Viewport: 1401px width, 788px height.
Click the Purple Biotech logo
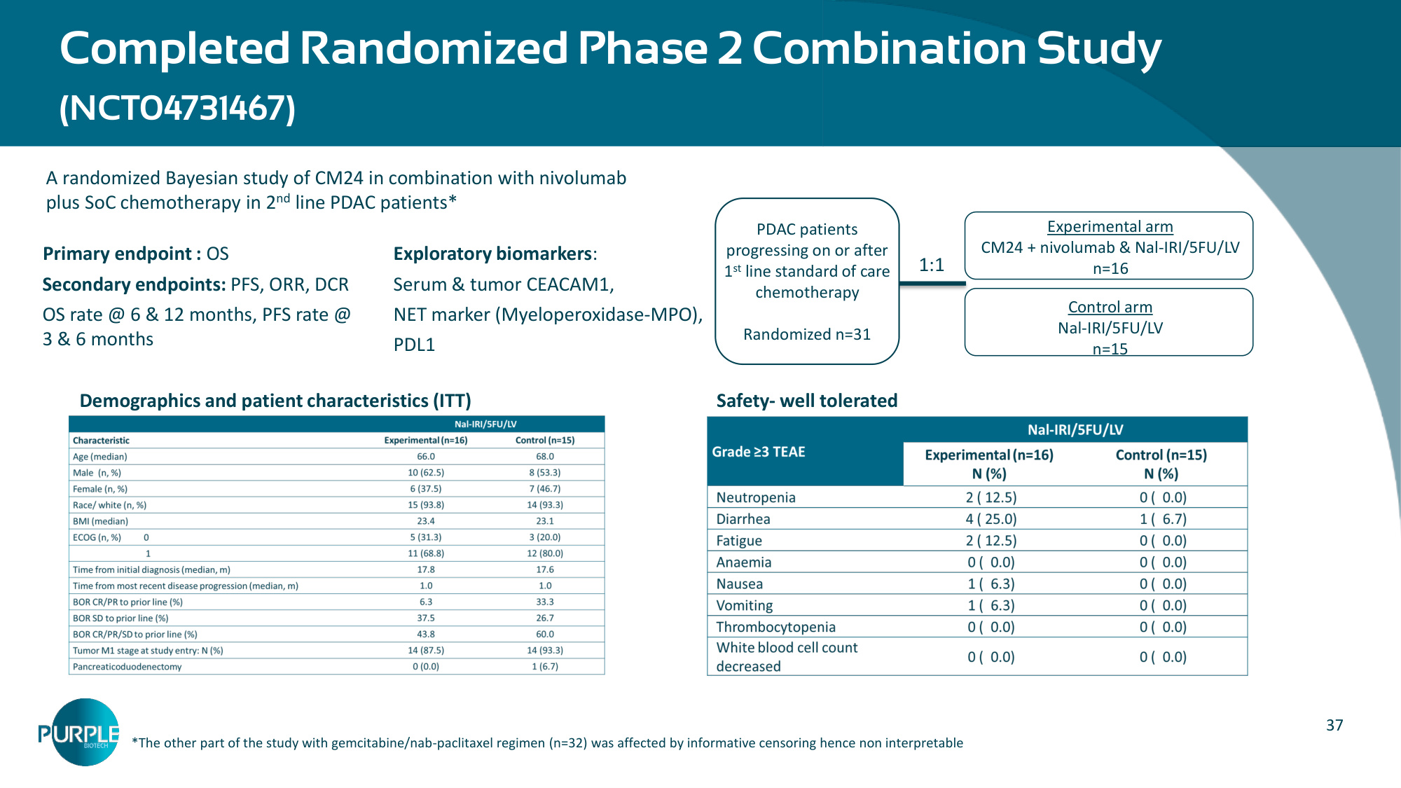79,732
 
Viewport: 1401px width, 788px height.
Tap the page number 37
1334,725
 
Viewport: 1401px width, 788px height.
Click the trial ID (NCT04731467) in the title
178,109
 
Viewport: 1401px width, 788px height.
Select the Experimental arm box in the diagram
1109,246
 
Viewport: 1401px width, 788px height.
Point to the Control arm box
1109,322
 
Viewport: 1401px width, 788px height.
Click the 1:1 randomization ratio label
932,265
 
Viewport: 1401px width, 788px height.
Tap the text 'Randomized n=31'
807,334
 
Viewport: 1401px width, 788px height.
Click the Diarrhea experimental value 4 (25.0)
991,519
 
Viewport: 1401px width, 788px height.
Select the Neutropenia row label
756,497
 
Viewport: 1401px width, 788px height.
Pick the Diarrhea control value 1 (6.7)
1163,519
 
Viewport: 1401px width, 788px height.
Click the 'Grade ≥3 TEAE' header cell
759,452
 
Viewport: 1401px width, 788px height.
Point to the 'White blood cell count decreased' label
787,657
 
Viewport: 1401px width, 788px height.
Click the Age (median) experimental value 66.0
426,457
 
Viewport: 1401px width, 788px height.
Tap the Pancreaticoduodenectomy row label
127,667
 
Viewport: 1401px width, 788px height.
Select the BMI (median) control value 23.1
545,521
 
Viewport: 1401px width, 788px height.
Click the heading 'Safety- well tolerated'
807,401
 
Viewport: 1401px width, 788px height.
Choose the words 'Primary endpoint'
118,254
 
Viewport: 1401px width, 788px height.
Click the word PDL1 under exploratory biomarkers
414,345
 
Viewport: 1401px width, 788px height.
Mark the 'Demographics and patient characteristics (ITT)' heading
275,401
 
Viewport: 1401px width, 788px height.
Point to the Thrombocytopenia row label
776,627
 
